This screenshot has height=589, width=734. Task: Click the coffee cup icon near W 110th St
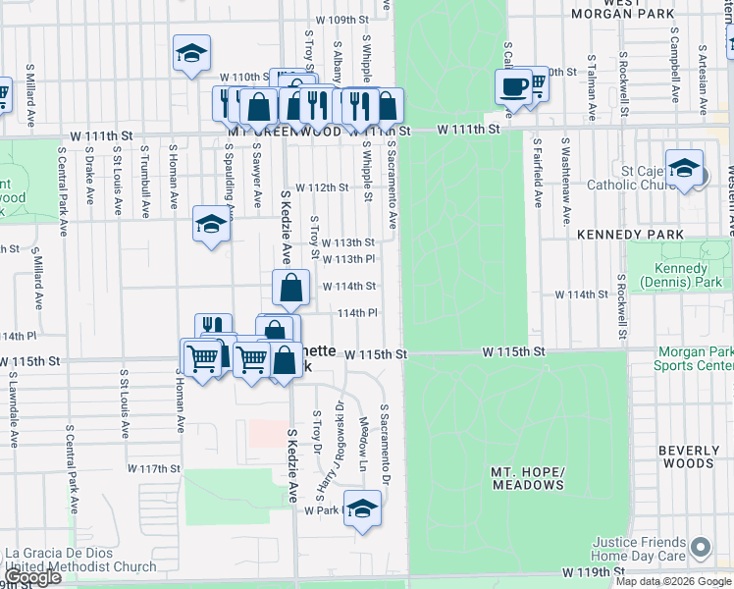coord(512,86)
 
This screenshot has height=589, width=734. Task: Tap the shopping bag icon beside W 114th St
coord(290,289)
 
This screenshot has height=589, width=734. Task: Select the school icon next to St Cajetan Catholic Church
coord(684,166)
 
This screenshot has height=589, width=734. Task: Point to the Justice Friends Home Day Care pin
coord(700,546)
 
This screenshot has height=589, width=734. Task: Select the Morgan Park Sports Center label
coord(693,358)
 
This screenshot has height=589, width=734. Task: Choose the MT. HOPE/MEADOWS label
coord(527,478)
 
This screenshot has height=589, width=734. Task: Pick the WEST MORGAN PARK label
coord(639,8)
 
